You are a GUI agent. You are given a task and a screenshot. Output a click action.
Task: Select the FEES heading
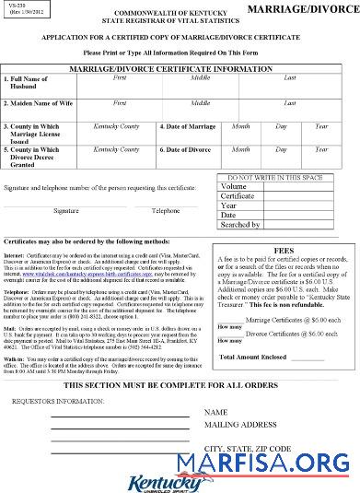click(283, 247)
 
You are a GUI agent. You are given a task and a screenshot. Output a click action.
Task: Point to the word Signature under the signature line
click(65, 210)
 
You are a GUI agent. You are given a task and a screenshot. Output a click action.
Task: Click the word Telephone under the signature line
click(166, 210)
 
